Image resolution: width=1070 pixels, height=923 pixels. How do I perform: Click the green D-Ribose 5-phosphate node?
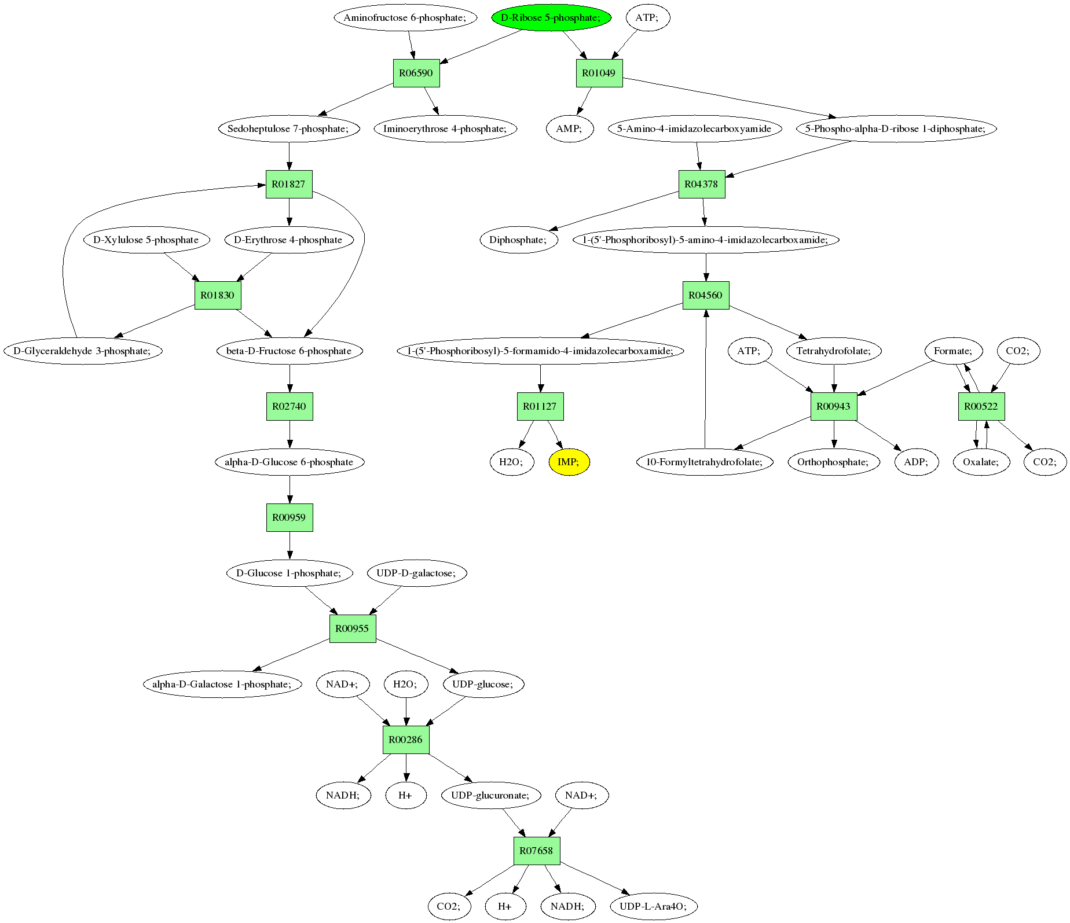[552, 17]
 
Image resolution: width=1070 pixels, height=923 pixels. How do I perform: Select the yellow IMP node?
[569, 462]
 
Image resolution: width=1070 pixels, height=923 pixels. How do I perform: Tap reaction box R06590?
[416, 73]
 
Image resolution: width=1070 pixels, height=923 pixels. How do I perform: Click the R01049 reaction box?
[599, 73]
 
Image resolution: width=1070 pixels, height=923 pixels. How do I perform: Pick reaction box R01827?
[289, 184]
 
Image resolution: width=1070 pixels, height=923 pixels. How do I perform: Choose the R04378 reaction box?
[701, 184]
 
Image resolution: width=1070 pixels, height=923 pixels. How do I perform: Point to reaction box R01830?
[218, 295]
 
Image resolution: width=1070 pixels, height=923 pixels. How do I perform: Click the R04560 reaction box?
[705, 295]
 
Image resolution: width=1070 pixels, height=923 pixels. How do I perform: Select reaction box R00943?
[834, 406]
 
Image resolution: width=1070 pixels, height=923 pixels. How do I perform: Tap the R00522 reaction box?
[981, 406]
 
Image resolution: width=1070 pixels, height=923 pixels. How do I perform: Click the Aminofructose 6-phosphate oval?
[405, 17]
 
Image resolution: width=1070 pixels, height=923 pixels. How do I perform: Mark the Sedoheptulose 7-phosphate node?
[289, 128]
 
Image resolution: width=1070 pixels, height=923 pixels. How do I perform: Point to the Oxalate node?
[981, 462]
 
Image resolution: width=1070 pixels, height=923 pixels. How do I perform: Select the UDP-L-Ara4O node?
[654, 906]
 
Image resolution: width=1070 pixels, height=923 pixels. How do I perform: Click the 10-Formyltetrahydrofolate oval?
[705, 462]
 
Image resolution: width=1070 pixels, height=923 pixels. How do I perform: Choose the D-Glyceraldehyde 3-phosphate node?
[83, 351]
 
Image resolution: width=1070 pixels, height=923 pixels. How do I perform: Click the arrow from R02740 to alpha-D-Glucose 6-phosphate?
[290, 434]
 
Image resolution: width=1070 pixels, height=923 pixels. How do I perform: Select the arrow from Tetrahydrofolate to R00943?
[834, 378]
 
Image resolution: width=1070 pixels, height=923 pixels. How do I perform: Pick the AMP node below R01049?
[570, 128]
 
